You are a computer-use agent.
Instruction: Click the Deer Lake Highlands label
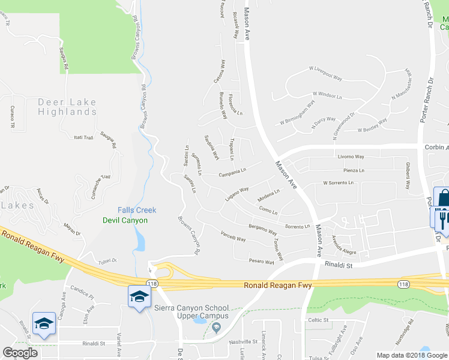67,107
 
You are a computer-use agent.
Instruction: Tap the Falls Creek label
137,210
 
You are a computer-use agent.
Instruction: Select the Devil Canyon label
125,220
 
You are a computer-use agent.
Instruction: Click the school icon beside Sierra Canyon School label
139,297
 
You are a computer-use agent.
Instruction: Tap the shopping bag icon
444,198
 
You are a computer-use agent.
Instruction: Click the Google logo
20,352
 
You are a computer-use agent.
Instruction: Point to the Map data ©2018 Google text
411,355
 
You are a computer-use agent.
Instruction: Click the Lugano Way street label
237,193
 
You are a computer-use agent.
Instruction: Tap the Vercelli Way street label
233,236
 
